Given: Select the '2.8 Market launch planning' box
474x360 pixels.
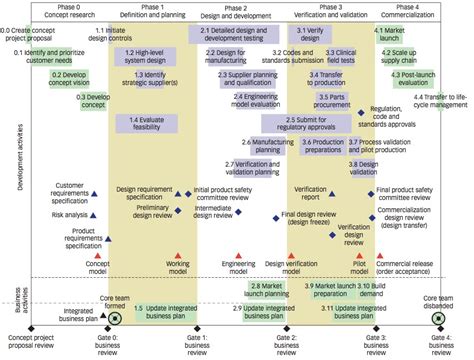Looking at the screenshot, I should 269,289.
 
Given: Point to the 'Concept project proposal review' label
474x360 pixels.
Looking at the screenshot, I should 31,343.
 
